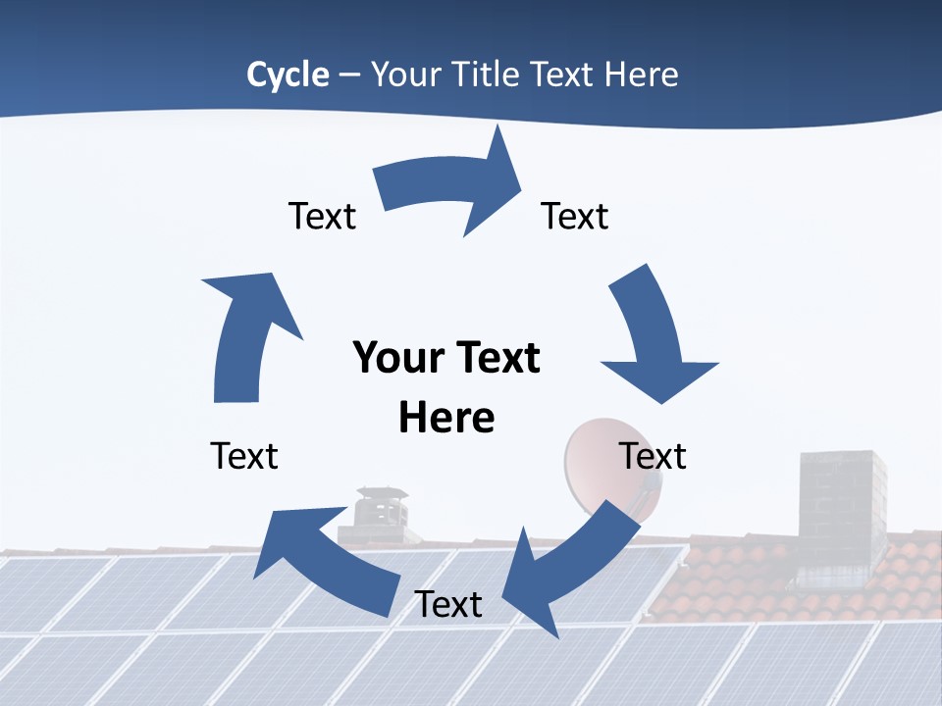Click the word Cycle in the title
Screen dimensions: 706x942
(288, 75)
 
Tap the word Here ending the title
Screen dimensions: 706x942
(641, 75)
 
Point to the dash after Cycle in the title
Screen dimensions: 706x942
(349, 76)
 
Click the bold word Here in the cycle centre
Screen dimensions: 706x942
(446, 418)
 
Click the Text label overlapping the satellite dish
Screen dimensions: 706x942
(653, 456)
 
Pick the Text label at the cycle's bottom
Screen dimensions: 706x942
(448, 604)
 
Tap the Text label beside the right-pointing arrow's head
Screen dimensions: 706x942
(575, 216)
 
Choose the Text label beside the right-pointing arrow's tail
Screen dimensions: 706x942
(322, 216)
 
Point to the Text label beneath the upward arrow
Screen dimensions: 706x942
(244, 456)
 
